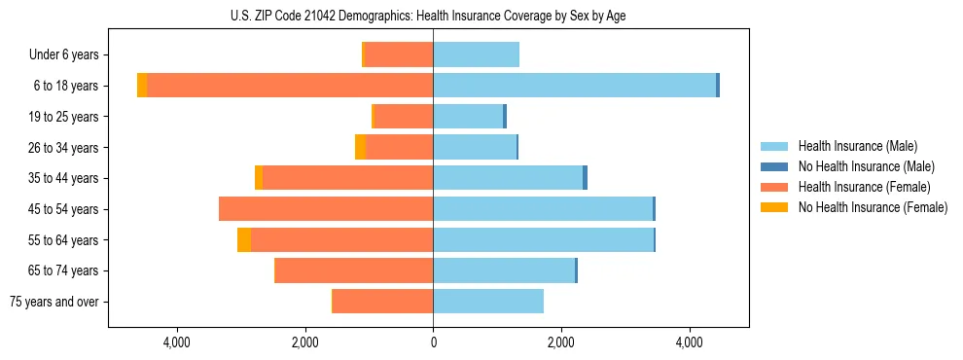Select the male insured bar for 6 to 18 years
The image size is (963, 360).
click(x=574, y=86)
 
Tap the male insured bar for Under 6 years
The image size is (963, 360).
click(x=476, y=54)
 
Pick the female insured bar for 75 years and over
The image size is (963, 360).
click(x=383, y=301)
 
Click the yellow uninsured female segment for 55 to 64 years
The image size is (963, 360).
click(x=244, y=239)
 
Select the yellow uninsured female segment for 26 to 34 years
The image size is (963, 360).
click(x=360, y=147)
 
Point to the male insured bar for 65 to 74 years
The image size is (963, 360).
click(x=504, y=270)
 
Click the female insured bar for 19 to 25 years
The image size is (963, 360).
click(x=404, y=116)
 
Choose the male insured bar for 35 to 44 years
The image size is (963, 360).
click(x=508, y=178)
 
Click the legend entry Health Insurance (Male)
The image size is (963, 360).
click(x=857, y=146)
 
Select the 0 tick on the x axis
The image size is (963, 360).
click(x=433, y=342)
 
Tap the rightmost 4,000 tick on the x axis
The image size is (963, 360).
click(x=689, y=342)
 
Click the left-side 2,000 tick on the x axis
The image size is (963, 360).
click(x=304, y=342)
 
